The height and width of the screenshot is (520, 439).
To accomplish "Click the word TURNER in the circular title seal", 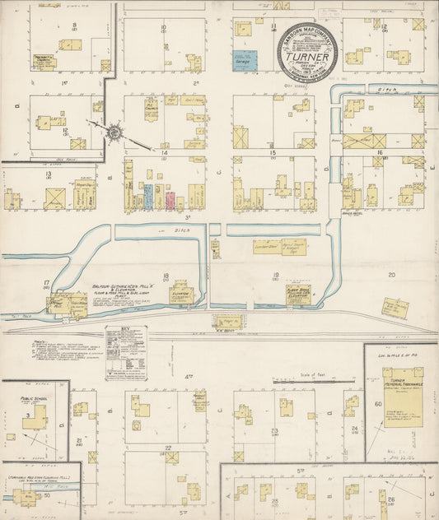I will pyautogui.click(x=310, y=58).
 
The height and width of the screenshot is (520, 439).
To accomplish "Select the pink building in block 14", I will pyautogui.click(x=170, y=200).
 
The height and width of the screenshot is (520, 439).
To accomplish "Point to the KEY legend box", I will pyautogui.click(x=126, y=352).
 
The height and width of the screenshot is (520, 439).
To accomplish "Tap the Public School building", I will pyautogui.click(x=34, y=417).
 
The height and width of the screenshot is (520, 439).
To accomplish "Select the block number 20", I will pyautogui.click(x=392, y=276).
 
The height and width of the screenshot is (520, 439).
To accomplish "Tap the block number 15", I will pyautogui.click(x=272, y=153).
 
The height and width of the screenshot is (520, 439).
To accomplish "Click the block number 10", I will pyautogui.click(x=163, y=28).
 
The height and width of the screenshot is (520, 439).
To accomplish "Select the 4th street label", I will pyautogui.click(x=189, y=377).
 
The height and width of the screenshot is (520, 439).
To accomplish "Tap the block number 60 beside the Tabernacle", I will pyautogui.click(x=378, y=404).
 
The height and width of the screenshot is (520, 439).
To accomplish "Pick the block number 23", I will pyautogui.click(x=273, y=430).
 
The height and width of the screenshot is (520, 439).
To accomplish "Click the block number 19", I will pyautogui.click(x=276, y=276).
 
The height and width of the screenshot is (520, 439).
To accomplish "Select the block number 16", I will pyautogui.click(x=380, y=153).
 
